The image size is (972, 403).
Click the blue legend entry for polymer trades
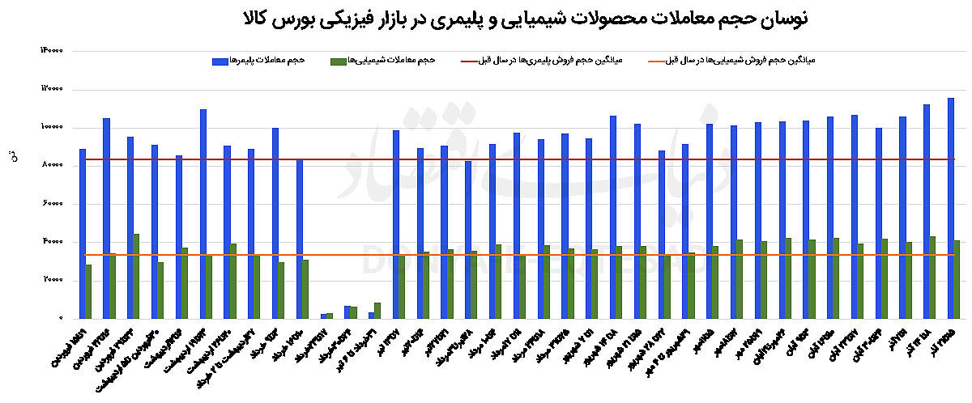click(258, 61)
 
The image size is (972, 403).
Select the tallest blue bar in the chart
click(950, 208)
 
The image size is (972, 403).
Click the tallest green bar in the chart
click(136, 276)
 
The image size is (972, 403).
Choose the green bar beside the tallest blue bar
click(957, 279)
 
